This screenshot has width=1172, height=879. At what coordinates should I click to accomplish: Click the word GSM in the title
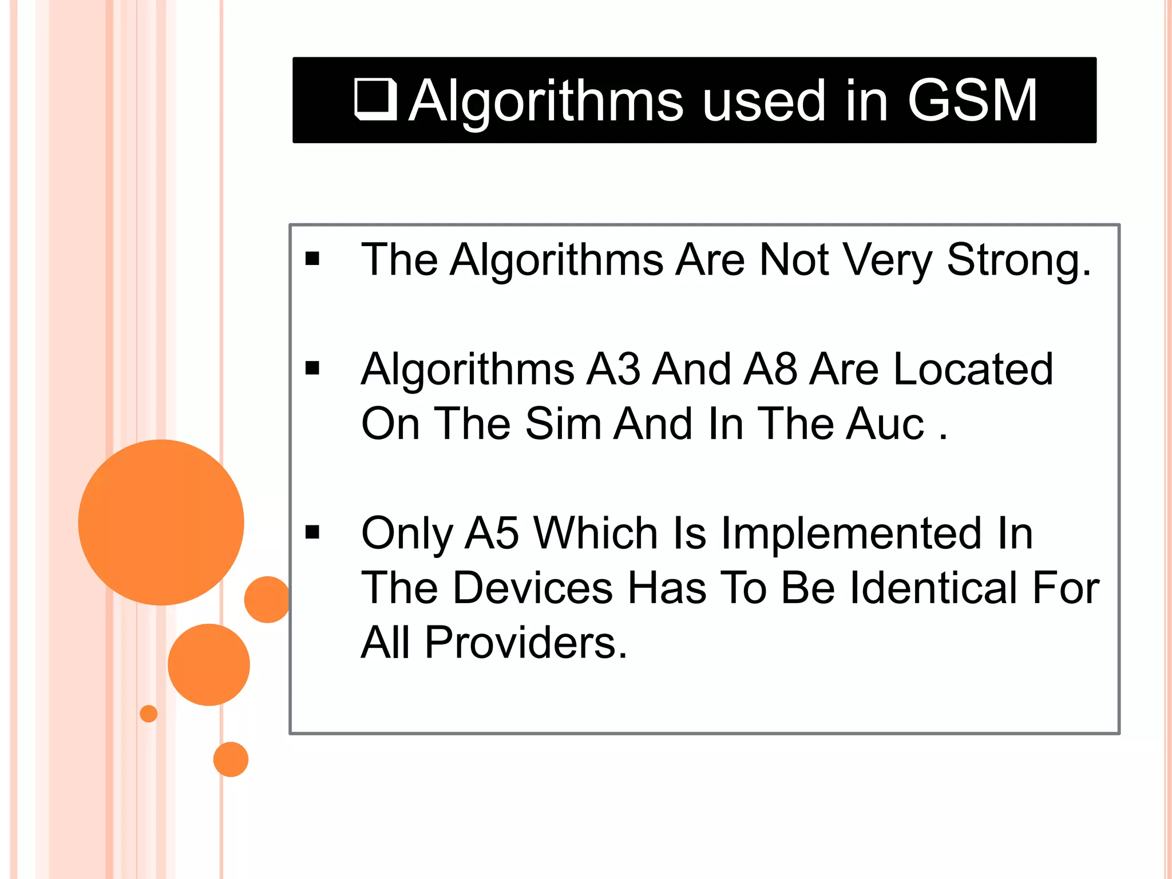tap(972, 101)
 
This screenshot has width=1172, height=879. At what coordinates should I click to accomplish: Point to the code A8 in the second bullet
tap(770, 369)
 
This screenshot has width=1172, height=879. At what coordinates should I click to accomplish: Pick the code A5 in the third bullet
tap(492, 533)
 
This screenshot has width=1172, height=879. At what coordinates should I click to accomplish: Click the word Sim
tap(563, 424)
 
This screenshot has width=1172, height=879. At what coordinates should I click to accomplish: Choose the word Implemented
tap(851, 533)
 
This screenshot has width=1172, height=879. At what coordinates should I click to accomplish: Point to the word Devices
tap(533, 588)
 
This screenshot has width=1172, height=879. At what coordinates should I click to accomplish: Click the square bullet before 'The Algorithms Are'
tap(312, 259)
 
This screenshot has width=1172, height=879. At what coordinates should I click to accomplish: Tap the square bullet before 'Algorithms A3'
tap(312, 368)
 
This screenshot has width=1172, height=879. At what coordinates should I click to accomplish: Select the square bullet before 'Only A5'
tap(312, 532)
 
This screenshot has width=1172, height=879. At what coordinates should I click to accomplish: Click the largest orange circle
tap(161, 522)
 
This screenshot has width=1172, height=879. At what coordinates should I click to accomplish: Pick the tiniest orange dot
tap(149, 714)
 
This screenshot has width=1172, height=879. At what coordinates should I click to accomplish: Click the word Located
tap(973, 369)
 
